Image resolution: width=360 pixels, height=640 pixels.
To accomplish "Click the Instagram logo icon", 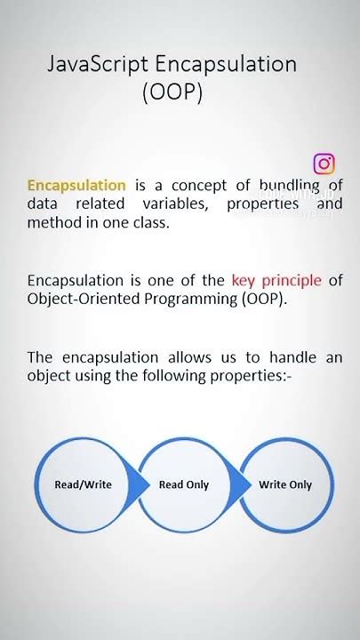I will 324,164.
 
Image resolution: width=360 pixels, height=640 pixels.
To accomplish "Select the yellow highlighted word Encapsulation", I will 76,186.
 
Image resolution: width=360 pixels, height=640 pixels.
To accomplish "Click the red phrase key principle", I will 277,281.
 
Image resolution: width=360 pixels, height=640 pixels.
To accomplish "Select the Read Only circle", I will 183,484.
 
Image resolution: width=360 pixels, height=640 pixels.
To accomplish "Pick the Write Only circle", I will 285,484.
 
